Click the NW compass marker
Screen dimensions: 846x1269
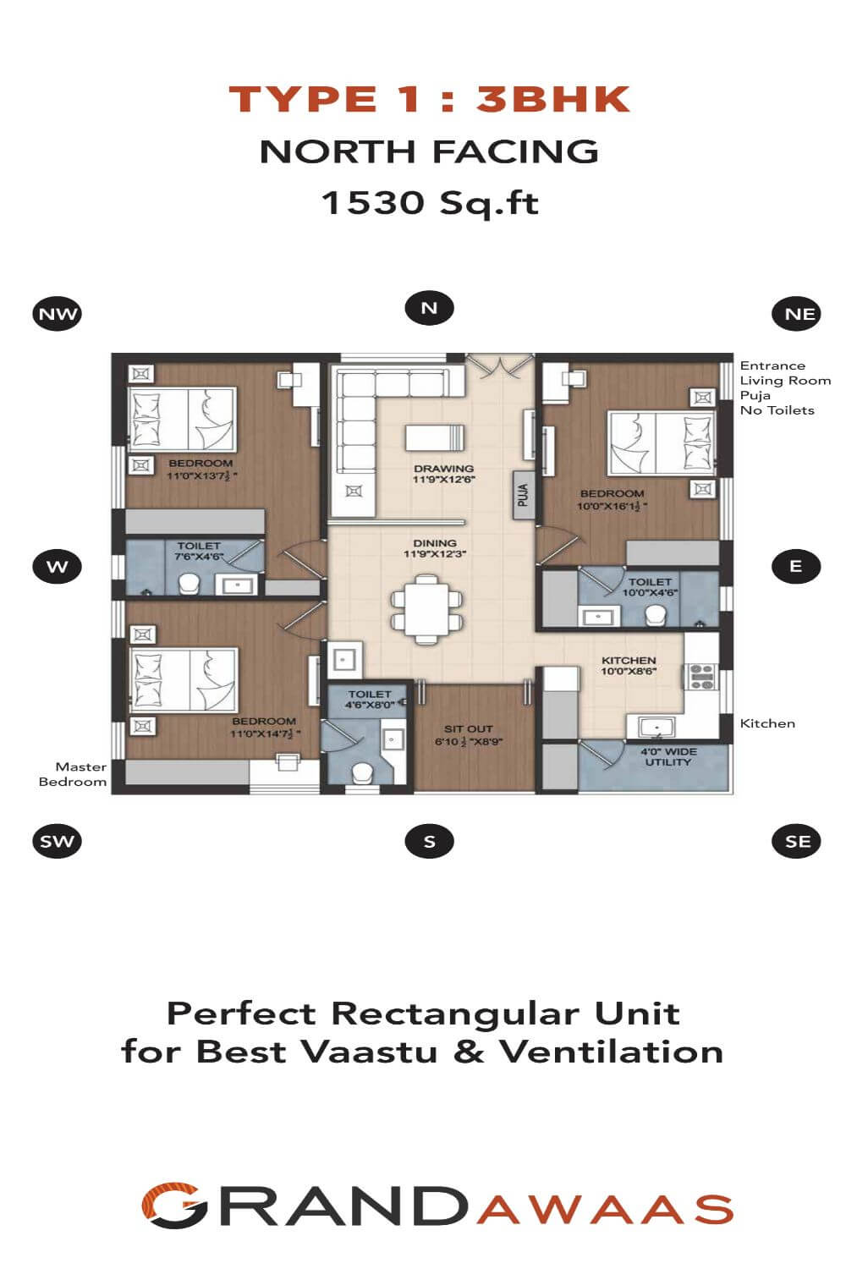pyautogui.click(x=58, y=313)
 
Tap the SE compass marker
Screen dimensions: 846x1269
pyautogui.click(x=796, y=841)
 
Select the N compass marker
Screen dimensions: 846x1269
pyautogui.click(x=429, y=308)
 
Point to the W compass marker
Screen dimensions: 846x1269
pyautogui.click(x=58, y=566)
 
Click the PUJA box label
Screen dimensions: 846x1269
pyautogui.click(x=524, y=495)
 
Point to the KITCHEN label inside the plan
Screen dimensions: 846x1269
pyautogui.click(x=629, y=660)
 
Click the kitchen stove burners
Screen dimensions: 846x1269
pyautogui.click(x=701, y=677)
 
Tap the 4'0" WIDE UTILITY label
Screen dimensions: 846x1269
pyautogui.click(x=668, y=757)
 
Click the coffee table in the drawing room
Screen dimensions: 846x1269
pyautogui.click(x=435, y=438)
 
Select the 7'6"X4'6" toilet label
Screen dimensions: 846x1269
pyautogui.click(x=198, y=557)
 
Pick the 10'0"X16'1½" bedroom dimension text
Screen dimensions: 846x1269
pyautogui.click(x=612, y=506)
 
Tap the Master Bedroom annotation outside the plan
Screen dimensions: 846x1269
pyautogui.click(x=73, y=774)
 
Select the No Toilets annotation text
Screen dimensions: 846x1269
pyautogui.click(x=777, y=410)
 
